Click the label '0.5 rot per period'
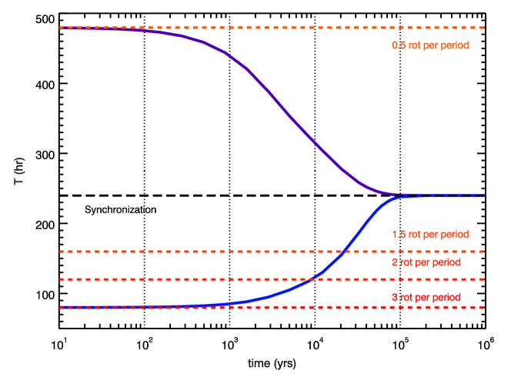click(430, 45)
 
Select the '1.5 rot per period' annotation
click(430, 234)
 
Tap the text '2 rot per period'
click(426, 262)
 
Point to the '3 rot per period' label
click(426, 297)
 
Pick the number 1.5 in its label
click(399, 234)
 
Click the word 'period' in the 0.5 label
click(454, 45)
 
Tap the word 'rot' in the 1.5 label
click(416, 234)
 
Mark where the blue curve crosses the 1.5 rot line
click(345, 252)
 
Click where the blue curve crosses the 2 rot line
click(311, 279)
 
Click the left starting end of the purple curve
click(60, 28)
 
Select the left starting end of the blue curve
click(60, 307)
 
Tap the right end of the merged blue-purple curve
click(484, 195)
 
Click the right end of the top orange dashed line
click(483, 28)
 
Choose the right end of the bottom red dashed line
click(483, 307)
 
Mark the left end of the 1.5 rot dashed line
click(60, 252)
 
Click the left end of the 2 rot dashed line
click(60, 279)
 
